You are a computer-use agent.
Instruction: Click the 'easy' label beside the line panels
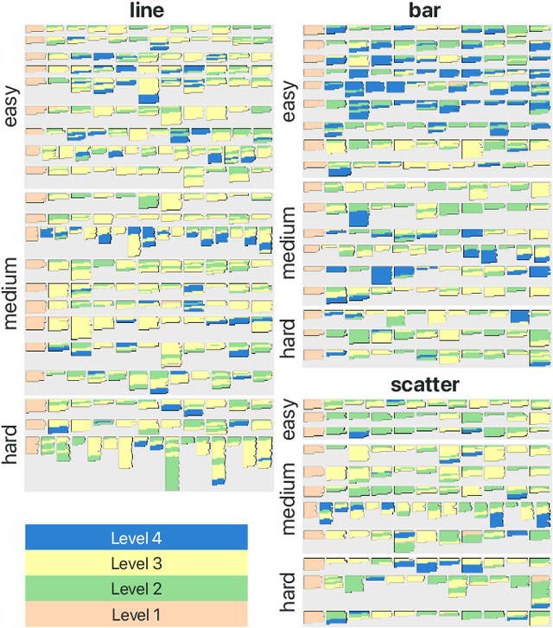click(x=11, y=104)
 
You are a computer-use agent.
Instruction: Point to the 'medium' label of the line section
click(x=11, y=293)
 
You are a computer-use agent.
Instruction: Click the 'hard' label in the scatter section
click(x=289, y=590)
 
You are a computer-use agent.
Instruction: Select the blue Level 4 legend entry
click(x=136, y=537)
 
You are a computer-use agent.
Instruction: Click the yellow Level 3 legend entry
click(x=136, y=563)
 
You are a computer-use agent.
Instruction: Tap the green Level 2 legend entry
click(x=136, y=589)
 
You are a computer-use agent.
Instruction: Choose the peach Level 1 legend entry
click(x=136, y=614)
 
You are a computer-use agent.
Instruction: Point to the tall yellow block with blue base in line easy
click(x=149, y=90)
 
